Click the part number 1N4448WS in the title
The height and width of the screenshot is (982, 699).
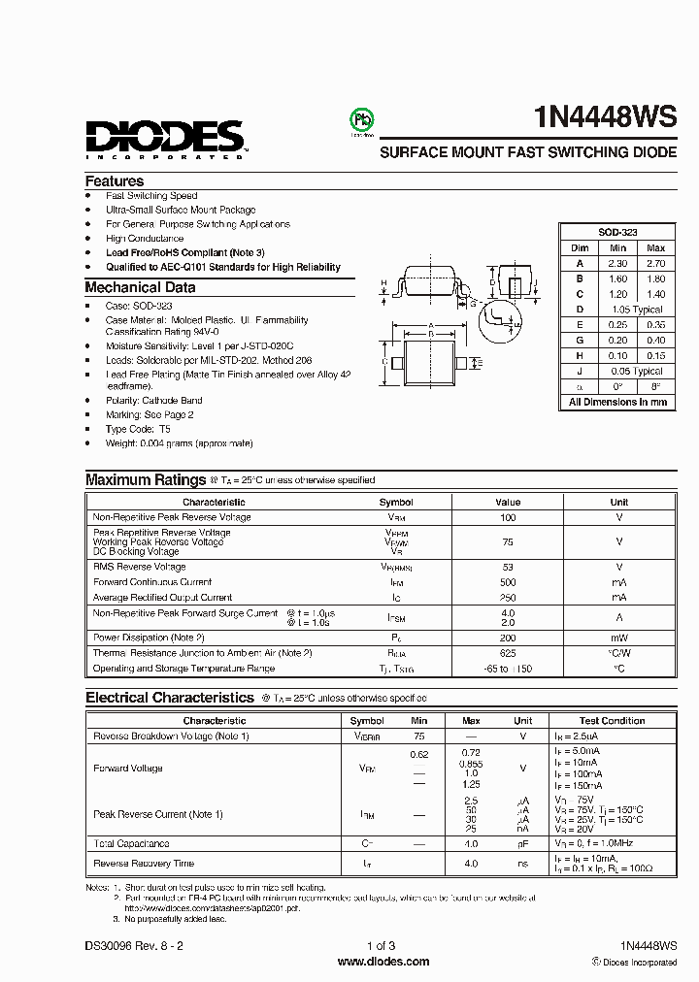click(x=605, y=117)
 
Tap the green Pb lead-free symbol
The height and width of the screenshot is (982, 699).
click(x=361, y=119)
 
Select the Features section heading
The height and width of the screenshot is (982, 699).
click(x=115, y=181)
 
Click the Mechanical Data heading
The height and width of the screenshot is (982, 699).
click(x=140, y=287)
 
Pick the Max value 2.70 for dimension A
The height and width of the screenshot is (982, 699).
click(x=655, y=263)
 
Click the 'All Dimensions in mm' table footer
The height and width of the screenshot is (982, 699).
click(x=617, y=402)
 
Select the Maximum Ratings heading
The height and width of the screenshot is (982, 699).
click(x=145, y=479)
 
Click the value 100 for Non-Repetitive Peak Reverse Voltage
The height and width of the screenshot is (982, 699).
click(x=508, y=517)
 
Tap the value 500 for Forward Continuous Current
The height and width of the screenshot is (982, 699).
click(x=508, y=582)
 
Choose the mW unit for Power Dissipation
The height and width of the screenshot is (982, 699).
click(x=618, y=638)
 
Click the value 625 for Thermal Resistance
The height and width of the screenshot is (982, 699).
click(x=508, y=653)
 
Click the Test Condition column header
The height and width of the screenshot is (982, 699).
click(x=612, y=721)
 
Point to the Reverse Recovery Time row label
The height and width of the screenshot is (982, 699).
click(x=144, y=864)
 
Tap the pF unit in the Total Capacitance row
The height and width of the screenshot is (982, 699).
click(x=523, y=844)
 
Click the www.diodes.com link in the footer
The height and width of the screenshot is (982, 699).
click(x=383, y=962)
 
